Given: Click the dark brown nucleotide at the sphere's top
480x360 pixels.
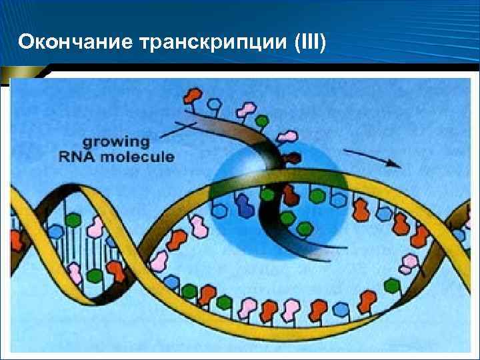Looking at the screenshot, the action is point(293,159).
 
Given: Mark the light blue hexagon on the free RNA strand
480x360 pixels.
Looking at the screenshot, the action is point(215,105).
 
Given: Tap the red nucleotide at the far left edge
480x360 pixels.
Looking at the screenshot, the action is point(16,239).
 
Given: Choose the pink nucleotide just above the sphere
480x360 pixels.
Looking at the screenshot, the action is point(287,137).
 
